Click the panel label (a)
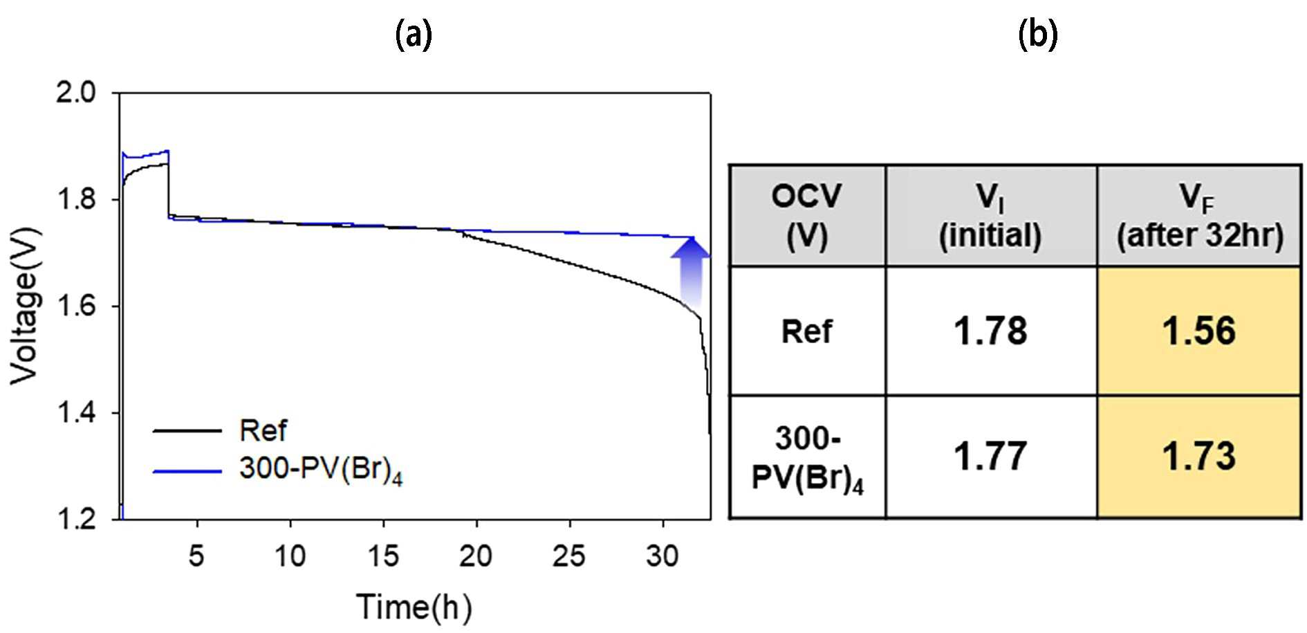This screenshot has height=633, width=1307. coord(414,34)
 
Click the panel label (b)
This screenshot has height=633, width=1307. coord(1038,34)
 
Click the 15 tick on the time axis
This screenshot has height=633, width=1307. coord(383,555)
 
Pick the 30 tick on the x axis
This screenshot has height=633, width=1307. coord(662,555)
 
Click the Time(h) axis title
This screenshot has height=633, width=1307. coord(414,607)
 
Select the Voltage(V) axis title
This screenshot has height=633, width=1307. coord(25,305)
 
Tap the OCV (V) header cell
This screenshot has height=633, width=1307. coord(807,216)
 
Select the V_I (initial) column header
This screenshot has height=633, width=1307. coord(991,216)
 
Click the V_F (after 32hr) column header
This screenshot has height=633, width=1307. coord(1200,216)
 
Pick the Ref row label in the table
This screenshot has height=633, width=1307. coord(807,331)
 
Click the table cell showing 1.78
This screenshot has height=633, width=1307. coord(991,331)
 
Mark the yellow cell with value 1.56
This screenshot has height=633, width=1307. coord(1200,331)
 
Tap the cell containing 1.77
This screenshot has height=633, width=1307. coord(991,457)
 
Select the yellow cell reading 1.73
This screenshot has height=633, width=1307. coord(1200,457)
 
